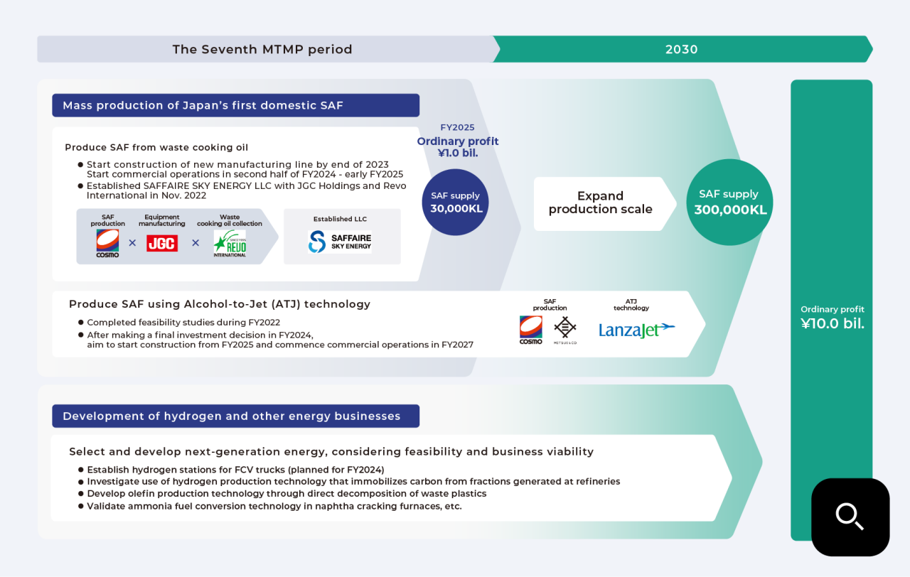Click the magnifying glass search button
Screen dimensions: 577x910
850,517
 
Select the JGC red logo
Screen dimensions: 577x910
162,243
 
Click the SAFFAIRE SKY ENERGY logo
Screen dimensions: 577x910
340,242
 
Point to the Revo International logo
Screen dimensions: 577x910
229,243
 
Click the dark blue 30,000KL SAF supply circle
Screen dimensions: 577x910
455,202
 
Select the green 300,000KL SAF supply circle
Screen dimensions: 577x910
728,202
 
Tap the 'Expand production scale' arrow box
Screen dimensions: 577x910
600,203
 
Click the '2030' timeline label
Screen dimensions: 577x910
681,50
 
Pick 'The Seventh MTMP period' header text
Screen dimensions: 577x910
262,50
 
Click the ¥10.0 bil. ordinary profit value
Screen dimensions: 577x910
833,325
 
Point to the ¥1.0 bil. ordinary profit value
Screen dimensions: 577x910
457,153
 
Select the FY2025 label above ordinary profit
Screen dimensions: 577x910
457,128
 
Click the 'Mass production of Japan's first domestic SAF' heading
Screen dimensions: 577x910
203,106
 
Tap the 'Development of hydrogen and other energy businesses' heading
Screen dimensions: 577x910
232,416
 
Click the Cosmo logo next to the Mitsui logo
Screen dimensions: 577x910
530,330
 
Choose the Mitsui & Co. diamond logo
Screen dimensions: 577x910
566,330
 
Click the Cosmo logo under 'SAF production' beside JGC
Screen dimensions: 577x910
107,243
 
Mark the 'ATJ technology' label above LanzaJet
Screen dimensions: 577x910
631,305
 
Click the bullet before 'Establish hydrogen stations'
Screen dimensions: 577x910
80,470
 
